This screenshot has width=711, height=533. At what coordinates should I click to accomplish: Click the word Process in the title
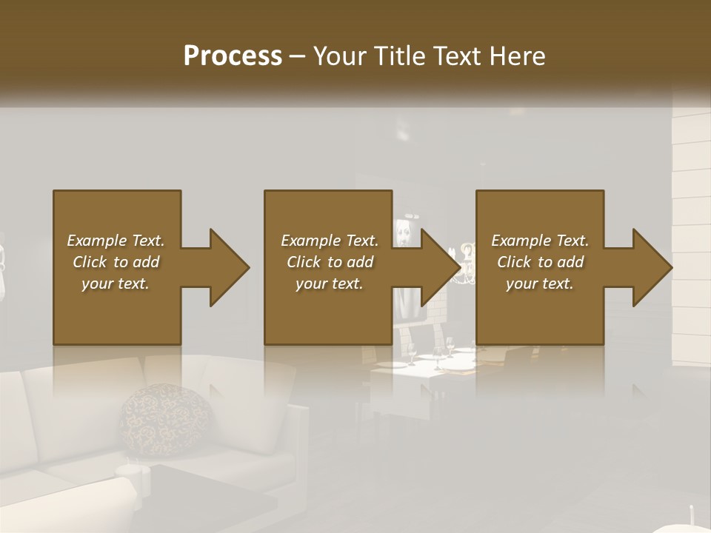tap(233, 56)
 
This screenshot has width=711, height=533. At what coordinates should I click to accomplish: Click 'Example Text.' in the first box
tap(116, 241)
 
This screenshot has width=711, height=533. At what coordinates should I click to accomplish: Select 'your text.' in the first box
tap(116, 284)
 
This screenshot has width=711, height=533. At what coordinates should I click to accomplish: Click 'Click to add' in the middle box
tap(330, 262)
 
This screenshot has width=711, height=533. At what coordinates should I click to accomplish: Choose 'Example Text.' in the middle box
tap(330, 241)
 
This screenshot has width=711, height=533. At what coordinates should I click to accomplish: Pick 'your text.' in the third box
tap(540, 284)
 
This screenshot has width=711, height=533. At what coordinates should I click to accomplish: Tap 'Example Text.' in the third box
tap(540, 241)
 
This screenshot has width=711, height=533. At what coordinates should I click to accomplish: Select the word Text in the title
tap(455, 56)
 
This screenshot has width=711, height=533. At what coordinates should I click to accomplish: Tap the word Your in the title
tap(341, 56)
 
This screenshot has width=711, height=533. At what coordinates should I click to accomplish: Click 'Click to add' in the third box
tap(540, 262)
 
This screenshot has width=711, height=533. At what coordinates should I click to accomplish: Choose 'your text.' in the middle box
tap(330, 284)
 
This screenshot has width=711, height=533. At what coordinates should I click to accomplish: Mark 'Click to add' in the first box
tap(116, 262)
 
